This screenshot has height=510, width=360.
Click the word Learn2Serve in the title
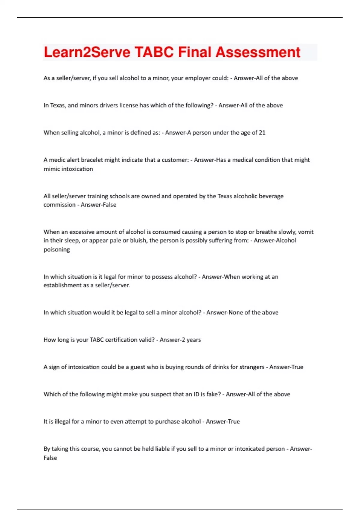tap(87, 52)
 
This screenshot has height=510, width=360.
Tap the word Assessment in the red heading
tap(258, 52)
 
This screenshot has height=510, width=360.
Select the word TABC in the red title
tap(154, 52)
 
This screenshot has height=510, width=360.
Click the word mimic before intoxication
tap(52, 169)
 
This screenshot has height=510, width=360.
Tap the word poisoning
tap(57, 250)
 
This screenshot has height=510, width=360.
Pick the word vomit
tap(306, 232)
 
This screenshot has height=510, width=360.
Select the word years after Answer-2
tap(193, 340)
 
